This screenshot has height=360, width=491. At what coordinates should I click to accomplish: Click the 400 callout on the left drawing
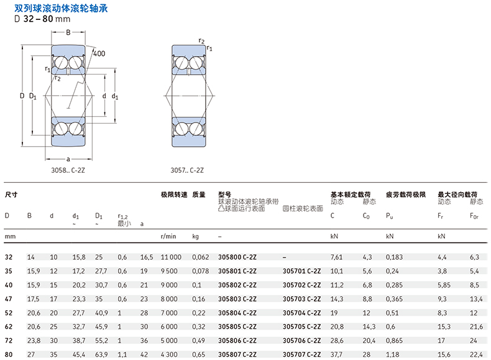pos(99,53)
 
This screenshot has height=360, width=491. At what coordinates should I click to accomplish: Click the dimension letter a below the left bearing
pos(68,159)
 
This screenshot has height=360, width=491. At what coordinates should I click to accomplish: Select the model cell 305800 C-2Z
pos(239,257)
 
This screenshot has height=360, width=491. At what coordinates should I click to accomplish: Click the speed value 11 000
pos(171,257)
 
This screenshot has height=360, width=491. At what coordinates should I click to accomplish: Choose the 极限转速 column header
pos(174,195)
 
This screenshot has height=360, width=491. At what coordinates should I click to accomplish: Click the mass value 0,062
pos(201,257)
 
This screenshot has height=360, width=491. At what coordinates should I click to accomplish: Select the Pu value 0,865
pos(395,341)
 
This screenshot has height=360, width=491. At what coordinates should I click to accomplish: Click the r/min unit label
pos(168,237)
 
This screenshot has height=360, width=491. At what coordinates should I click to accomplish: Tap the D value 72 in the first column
pos(9,341)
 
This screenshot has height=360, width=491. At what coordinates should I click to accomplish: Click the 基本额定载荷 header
pos(351,195)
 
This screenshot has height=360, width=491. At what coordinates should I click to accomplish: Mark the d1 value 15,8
pos(79,257)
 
